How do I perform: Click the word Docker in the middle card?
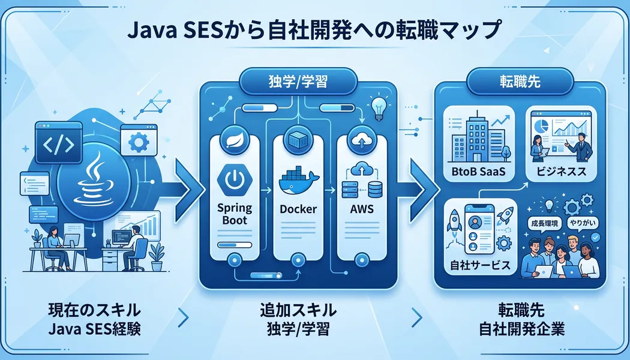(298, 211)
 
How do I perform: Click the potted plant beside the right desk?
(158, 254)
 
